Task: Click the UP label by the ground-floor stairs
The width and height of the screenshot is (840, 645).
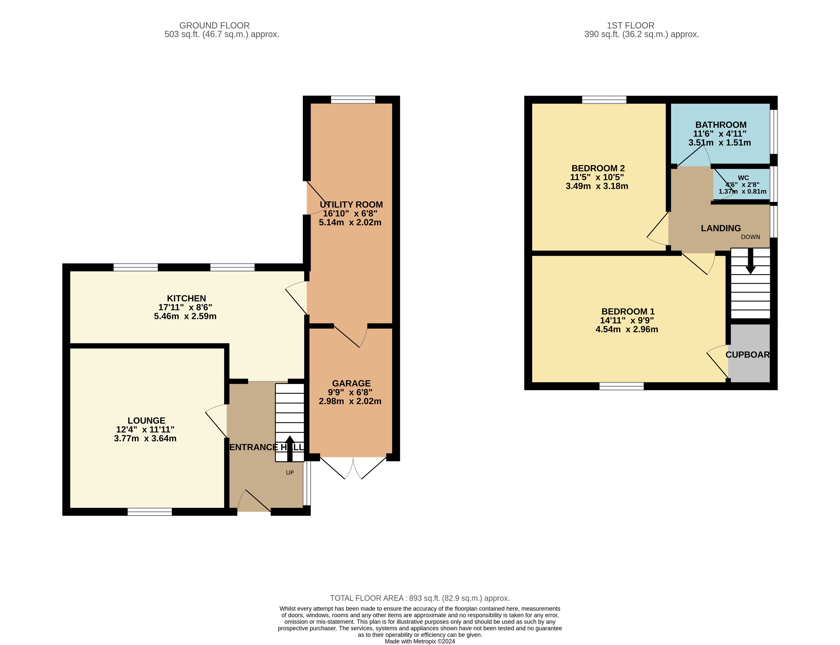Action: pos(290,473)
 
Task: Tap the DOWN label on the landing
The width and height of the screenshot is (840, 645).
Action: pos(750,237)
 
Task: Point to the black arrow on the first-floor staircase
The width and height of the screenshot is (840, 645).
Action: pos(750,261)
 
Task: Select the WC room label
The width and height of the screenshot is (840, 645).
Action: pos(743,178)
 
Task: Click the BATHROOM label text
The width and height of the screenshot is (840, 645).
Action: pos(721,125)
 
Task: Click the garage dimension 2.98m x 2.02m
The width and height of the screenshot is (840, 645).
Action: pos(350,401)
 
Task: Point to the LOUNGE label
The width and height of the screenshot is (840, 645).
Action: pos(146,421)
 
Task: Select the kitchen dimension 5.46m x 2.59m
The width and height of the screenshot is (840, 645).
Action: pos(185,316)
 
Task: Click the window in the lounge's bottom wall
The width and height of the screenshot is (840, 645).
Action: pos(150,511)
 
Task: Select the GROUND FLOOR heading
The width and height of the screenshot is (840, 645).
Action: pos(214,25)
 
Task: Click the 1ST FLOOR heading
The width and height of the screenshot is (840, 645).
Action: pos(631,25)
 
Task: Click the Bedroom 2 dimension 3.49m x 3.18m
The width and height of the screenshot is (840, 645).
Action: pos(597,186)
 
